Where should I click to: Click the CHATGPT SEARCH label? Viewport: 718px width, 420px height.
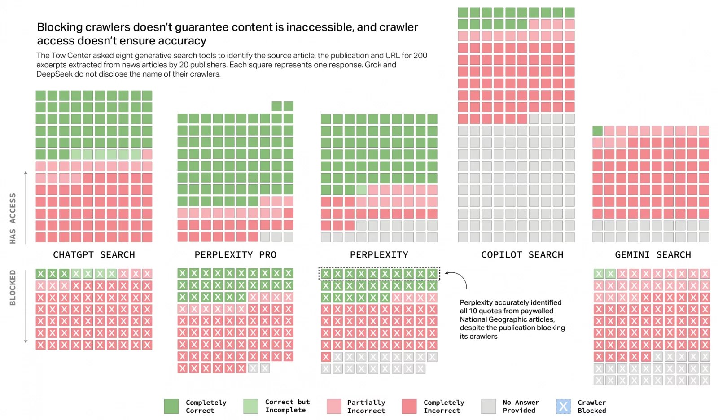[94, 255]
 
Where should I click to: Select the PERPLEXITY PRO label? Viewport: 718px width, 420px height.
[235, 255]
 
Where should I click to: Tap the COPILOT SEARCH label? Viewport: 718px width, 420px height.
[522, 255]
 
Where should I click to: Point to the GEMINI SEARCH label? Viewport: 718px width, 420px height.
[653, 255]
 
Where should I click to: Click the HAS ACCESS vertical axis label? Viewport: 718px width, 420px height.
[13, 219]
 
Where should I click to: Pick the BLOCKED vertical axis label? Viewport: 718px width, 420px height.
[13, 288]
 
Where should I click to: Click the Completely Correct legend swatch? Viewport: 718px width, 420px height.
[171, 406]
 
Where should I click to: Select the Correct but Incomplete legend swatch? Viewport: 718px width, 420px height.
[251, 406]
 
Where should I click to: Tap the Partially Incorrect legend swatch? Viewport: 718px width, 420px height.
[334, 406]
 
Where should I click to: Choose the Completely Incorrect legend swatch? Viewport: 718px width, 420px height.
[409, 406]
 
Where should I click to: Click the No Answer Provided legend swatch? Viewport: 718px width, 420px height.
[488, 406]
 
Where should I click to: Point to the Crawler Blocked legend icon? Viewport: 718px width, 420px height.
[563, 406]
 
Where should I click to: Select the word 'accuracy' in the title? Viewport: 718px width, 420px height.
[184, 41]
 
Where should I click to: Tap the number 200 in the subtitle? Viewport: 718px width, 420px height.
[420, 56]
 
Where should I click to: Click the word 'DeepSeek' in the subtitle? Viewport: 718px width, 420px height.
[54, 74]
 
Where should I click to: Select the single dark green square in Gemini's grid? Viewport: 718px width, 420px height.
[597, 131]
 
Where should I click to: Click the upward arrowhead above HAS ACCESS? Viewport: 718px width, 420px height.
[26, 173]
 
